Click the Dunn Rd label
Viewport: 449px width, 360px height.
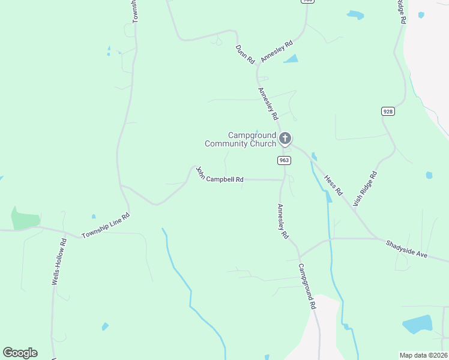point(245,54)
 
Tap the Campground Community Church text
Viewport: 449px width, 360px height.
point(240,139)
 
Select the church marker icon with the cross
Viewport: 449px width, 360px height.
point(285,139)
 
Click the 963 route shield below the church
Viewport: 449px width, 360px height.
point(284,160)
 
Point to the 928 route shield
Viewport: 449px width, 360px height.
point(387,111)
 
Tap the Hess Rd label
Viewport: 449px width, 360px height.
point(333,185)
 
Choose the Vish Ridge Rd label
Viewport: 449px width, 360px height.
point(365,189)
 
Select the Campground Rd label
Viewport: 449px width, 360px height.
point(306,287)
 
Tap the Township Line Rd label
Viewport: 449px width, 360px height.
point(106,226)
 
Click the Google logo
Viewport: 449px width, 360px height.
point(20,353)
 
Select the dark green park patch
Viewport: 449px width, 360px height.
point(24,218)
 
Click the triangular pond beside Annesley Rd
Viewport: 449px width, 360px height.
point(292,59)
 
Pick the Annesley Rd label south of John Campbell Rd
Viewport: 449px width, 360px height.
point(282,221)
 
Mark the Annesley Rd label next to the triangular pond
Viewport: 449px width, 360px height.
point(280,45)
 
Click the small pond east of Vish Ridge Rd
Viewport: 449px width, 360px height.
point(429,175)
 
